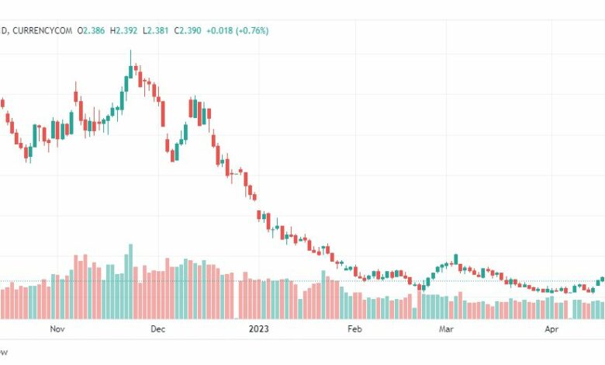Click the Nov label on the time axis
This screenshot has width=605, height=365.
click(x=57, y=329)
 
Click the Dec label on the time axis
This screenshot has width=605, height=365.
click(x=157, y=329)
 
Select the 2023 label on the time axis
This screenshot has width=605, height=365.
click(x=258, y=329)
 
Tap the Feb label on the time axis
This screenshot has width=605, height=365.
click(x=354, y=329)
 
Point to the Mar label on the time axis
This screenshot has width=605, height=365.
click(x=446, y=329)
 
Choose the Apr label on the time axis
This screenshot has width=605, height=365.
click(x=551, y=329)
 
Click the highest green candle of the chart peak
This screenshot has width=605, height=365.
click(x=130, y=71)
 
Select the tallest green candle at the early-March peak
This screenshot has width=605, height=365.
click(x=456, y=259)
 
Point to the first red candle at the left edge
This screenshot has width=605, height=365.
click(x=2, y=103)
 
